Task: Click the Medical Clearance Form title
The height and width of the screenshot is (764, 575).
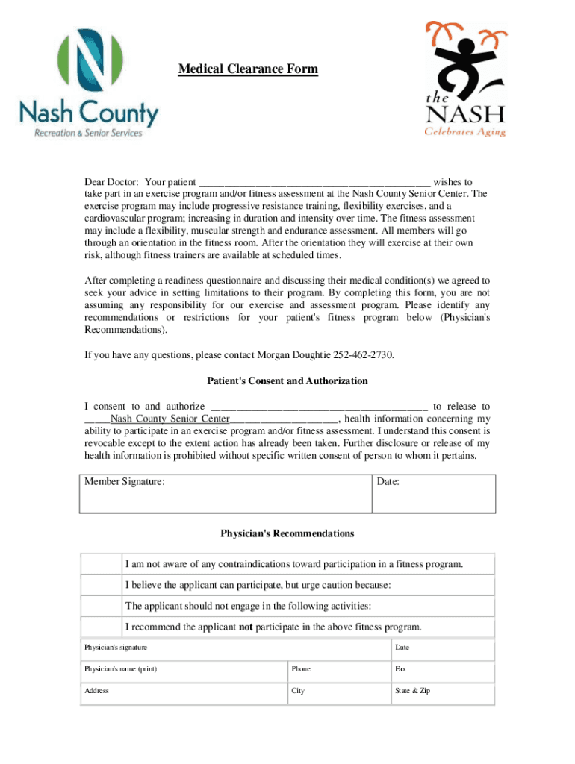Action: coord(248,69)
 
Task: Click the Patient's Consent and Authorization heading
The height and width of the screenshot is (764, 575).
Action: coord(287,381)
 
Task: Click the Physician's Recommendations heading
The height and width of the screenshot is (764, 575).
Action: coord(287,533)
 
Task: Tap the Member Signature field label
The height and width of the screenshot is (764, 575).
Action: coord(125,482)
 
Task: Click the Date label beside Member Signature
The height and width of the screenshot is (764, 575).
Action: coord(388,482)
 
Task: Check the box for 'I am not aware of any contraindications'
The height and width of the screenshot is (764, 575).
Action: coord(101,565)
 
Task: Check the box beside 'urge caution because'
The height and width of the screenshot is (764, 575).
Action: coord(101,586)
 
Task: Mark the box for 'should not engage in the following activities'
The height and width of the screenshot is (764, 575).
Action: coord(101,607)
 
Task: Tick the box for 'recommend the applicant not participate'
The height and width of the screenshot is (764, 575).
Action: coord(101,627)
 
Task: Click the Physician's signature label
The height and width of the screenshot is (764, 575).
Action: coord(116,647)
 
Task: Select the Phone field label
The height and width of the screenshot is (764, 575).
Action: coord(301,669)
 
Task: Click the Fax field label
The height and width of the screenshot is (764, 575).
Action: coord(400,669)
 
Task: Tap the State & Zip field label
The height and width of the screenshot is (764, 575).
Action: coord(412,691)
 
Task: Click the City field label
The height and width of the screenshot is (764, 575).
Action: coord(298,691)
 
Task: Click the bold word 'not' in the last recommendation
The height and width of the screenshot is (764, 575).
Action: coord(246,627)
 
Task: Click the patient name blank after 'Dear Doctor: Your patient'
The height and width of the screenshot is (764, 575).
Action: coord(314,182)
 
